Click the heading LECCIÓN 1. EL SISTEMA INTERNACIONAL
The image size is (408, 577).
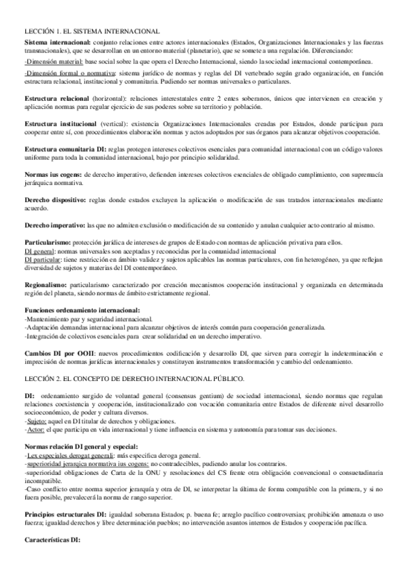click(x=93, y=31)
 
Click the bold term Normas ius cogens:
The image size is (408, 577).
click(x=53, y=175)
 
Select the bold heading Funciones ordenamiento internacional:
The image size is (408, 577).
click(x=82, y=310)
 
